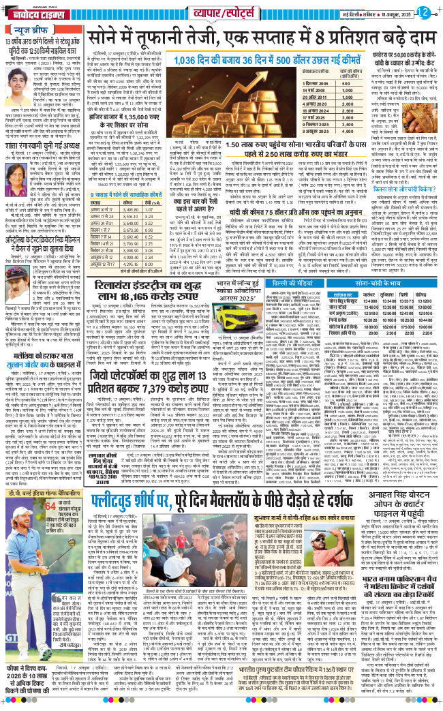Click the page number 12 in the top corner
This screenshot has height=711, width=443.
(423, 11)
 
